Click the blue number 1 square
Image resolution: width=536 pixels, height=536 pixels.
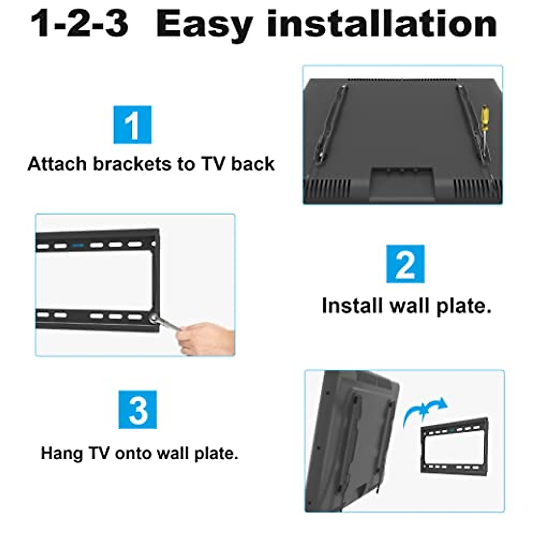[x=132, y=125]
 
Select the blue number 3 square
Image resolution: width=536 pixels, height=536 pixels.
[x=138, y=410]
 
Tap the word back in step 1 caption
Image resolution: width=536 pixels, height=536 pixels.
[x=253, y=164]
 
